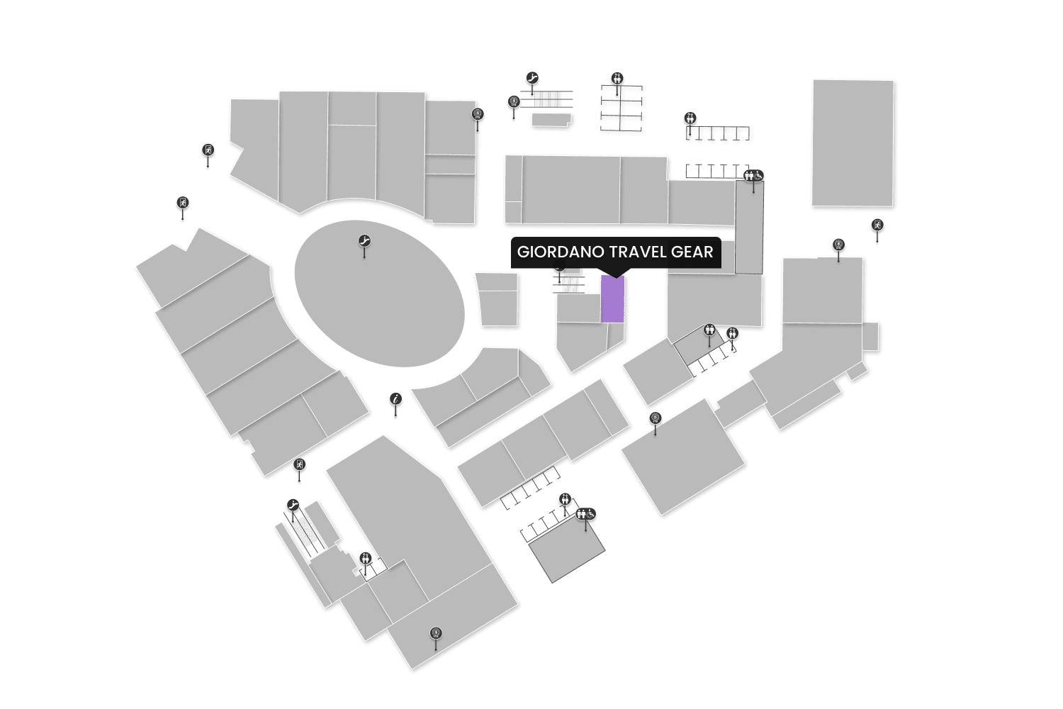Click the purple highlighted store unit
point(612,299)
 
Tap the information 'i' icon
point(395,400)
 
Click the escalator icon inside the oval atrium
point(364,241)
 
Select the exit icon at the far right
point(877,225)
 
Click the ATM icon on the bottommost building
point(436,633)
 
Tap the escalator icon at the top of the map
point(532,77)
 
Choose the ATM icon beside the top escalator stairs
point(514,102)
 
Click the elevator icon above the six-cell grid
point(617,78)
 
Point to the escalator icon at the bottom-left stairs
point(293,505)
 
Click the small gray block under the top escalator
point(551,120)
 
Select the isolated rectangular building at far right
point(853,143)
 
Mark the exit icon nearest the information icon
point(299,465)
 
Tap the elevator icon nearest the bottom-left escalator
point(365,558)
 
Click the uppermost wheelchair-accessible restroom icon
point(753,176)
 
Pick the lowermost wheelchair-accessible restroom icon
point(586,514)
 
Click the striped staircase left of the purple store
point(569,284)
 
